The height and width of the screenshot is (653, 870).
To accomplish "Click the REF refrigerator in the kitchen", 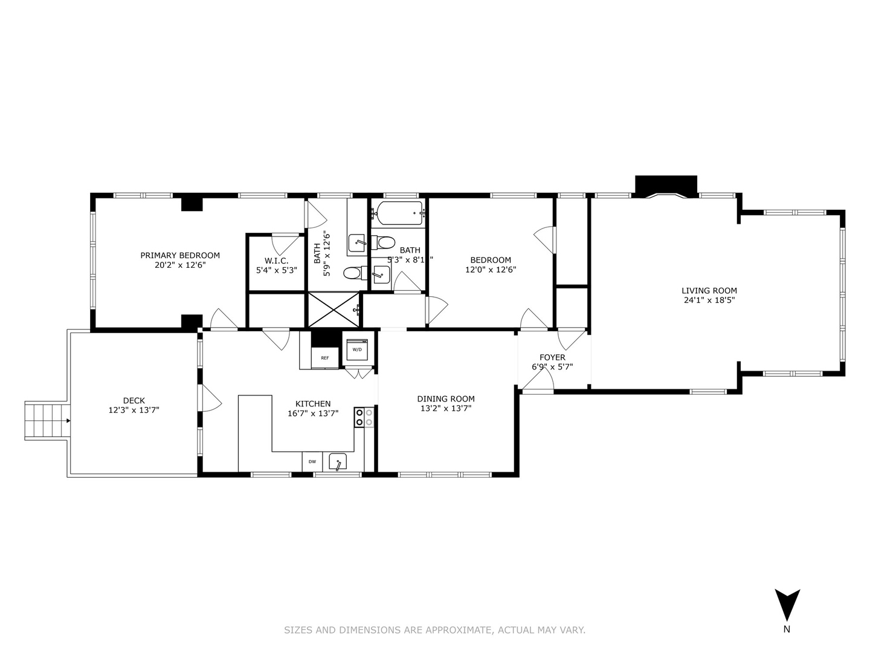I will coord(324,357).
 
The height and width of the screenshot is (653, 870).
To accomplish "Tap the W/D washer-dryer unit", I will coord(356,349).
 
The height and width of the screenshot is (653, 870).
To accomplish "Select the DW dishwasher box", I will coord(312,461).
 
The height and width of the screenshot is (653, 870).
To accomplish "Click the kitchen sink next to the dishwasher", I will coord(337,462).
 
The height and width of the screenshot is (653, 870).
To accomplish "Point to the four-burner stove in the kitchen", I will coord(364,417).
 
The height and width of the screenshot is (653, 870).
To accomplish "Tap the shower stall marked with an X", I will coord(334,310).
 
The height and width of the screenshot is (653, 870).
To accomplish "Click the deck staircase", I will coord(46,420).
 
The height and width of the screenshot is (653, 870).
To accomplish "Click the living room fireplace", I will coord(666,186).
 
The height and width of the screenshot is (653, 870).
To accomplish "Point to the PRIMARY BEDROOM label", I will coord(180,255).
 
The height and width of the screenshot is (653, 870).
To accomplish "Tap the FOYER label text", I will coord(552,357).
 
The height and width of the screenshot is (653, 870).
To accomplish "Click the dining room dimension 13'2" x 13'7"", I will coord(446,408).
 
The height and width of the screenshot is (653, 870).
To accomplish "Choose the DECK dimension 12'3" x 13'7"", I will coord(134,410).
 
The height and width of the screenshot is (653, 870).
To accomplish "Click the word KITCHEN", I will coord(312,404).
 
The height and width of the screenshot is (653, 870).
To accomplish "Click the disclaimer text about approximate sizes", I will coord(434,630).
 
